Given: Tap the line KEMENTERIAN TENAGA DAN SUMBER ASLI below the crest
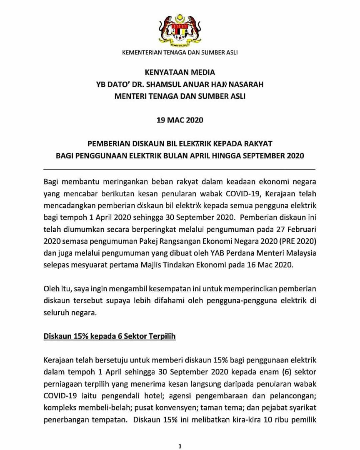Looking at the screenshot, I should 180,52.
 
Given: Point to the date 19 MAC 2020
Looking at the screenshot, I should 180,120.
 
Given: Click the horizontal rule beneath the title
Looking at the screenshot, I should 180,169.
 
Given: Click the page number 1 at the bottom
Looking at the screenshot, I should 180,447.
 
